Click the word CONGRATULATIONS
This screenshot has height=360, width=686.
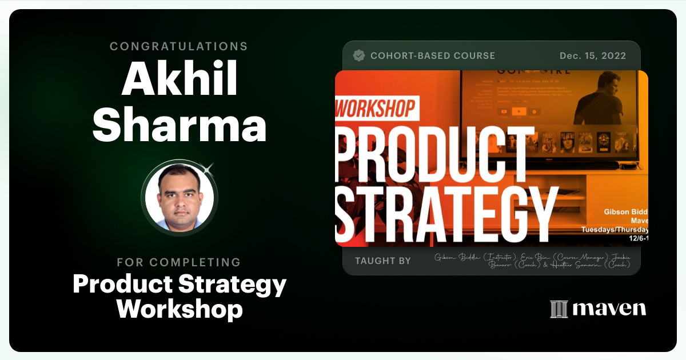pyautogui.click(x=179, y=46)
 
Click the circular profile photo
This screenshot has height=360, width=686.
pyautogui.click(x=180, y=198)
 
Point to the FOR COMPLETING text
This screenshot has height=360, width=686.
pyautogui.click(x=179, y=262)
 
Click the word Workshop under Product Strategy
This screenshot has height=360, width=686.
pyautogui.click(x=180, y=309)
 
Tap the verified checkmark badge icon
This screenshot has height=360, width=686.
pyautogui.click(x=359, y=55)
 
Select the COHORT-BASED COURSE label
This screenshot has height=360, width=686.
pyautogui.click(x=433, y=56)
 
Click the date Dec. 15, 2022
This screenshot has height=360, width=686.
pyautogui.click(x=593, y=56)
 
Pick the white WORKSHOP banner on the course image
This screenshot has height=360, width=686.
pyautogui.click(x=377, y=109)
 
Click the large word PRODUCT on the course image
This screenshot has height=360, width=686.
pyautogui.click(x=434, y=152)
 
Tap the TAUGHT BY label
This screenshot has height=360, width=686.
pyautogui.click(x=382, y=261)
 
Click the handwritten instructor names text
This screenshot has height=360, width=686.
pyautogui.click(x=532, y=260)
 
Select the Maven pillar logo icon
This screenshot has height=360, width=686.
pyautogui.click(x=559, y=309)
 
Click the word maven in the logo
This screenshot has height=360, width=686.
pyautogui.click(x=609, y=309)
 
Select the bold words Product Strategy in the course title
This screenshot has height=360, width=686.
pyautogui.click(x=180, y=285)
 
